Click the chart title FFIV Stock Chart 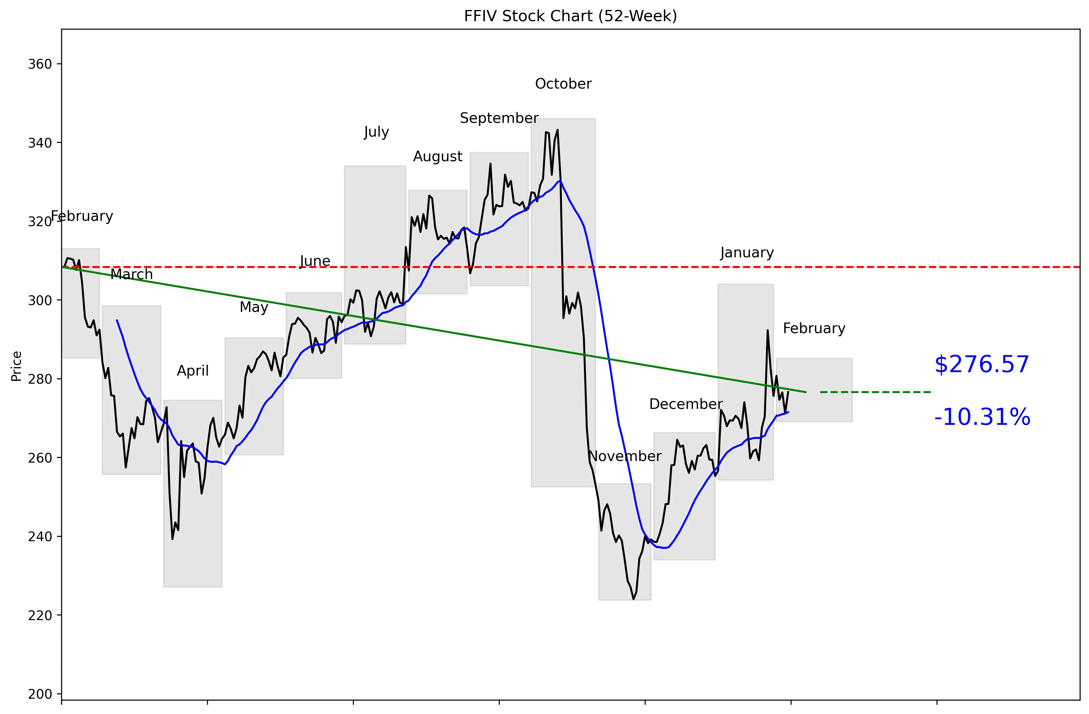pos(570,16)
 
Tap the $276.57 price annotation pos(981,365)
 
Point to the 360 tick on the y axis pos(40,64)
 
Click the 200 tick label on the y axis pos(40,694)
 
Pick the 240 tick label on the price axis pos(40,537)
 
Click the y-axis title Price pos(17,366)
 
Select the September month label pos(499,118)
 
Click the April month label pos(193,371)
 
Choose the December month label pos(686,404)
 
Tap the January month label pos(747,253)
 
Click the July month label pos(376,132)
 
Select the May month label pos(253,307)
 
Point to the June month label pos(315,261)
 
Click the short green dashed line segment pos(876,392)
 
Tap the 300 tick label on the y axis pos(40,300)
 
